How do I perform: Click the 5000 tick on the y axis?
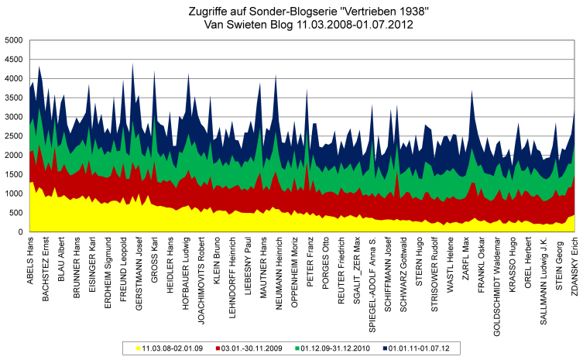pos(13,40)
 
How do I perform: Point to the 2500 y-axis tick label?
pos(13,136)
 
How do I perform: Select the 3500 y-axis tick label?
pos(13,98)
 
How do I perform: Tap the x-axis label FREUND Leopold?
pos(124,268)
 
